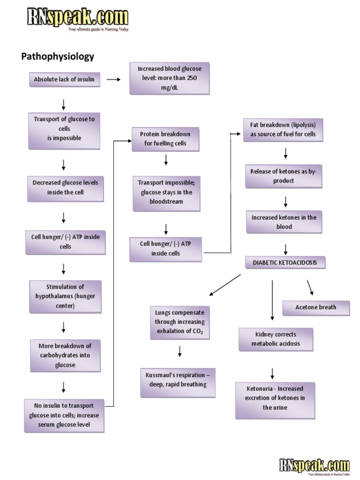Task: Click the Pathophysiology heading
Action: coord(58,57)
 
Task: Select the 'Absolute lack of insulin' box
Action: coord(64,79)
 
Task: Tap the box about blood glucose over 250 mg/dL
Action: coord(169,78)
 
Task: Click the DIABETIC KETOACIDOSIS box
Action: coord(285,262)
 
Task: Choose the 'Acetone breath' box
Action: coord(315,307)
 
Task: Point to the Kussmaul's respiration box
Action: coord(178,380)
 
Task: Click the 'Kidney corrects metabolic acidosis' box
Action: coord(276,339)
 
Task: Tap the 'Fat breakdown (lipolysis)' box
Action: coord(283,130)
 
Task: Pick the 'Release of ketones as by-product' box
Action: coord(284,176)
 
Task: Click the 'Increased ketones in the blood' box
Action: coord(284,222)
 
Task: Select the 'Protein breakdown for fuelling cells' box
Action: coord(165,139)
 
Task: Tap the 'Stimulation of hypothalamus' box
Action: coord(65,296)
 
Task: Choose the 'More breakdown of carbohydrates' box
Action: coord(65,355)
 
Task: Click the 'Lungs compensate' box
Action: coord(180,322)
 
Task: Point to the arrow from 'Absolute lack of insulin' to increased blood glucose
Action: coord(113,80)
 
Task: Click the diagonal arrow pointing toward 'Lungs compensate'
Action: coord(225,285)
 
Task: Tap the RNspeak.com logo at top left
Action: coord(77,19)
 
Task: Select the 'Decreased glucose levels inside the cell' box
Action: coord(65,187)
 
